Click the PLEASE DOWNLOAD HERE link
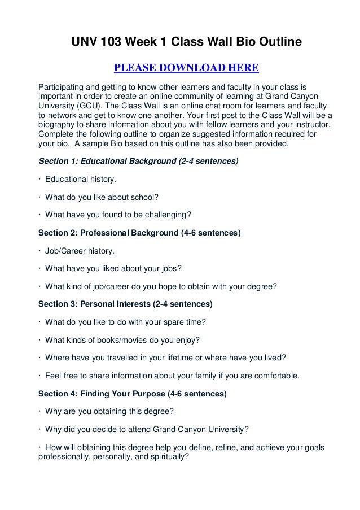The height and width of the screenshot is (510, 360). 186,69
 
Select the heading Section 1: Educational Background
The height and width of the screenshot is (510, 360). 138,161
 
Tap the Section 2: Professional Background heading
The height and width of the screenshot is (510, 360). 139,233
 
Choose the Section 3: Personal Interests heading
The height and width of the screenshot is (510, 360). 125,304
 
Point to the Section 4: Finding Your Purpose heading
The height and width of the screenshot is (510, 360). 132,394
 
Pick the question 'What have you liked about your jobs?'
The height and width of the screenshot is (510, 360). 113,268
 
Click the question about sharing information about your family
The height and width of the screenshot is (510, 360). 169,376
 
